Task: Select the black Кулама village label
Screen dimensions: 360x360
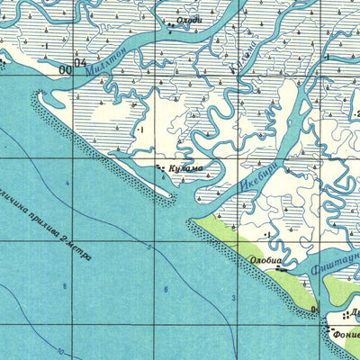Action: tap(184, 168)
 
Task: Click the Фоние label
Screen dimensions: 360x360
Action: tap(346, 329)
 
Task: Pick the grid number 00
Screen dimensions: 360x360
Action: tap(65, 68)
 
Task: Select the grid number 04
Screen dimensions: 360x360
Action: tap(81, 64)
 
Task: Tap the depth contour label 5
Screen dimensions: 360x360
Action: tap(150, 246)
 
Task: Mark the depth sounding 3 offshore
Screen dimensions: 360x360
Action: tap(233, 297)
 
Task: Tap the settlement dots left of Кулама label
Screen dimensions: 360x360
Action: tap(160, 167)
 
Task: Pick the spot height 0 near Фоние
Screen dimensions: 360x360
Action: tap(314, 310)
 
